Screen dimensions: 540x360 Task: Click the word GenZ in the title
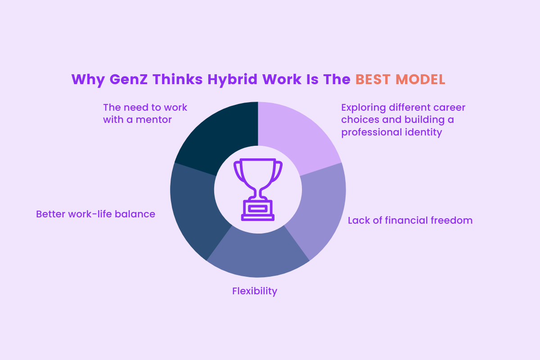pos(129,79)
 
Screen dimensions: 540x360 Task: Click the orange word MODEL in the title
pos(420,79)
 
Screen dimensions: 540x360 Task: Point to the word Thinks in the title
pos(177,79)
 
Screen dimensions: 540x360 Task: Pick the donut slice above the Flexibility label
pos(258,256)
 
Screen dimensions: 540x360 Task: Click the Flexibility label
pos(255,291)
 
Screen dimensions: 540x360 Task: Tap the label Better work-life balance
pos(95,214)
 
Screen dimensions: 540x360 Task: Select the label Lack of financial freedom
pos(410,220)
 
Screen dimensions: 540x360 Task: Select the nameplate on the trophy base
pos(258,208)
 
